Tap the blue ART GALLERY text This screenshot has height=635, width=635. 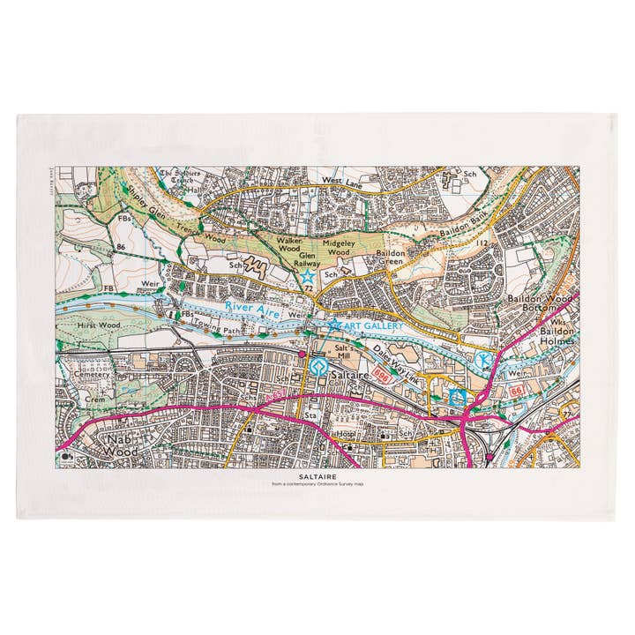tap(371, 326)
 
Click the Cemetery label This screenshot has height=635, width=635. tap(92, 375)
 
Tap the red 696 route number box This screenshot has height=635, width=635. tap(381, 375)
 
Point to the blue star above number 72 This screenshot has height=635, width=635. tap(306, 276)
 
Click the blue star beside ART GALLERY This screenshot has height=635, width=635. tap(334, 325)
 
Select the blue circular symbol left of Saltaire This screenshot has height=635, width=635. tap(316, 367)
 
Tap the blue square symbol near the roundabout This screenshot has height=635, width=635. tap(457, 397)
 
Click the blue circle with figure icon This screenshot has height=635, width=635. tap(482, 360)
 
